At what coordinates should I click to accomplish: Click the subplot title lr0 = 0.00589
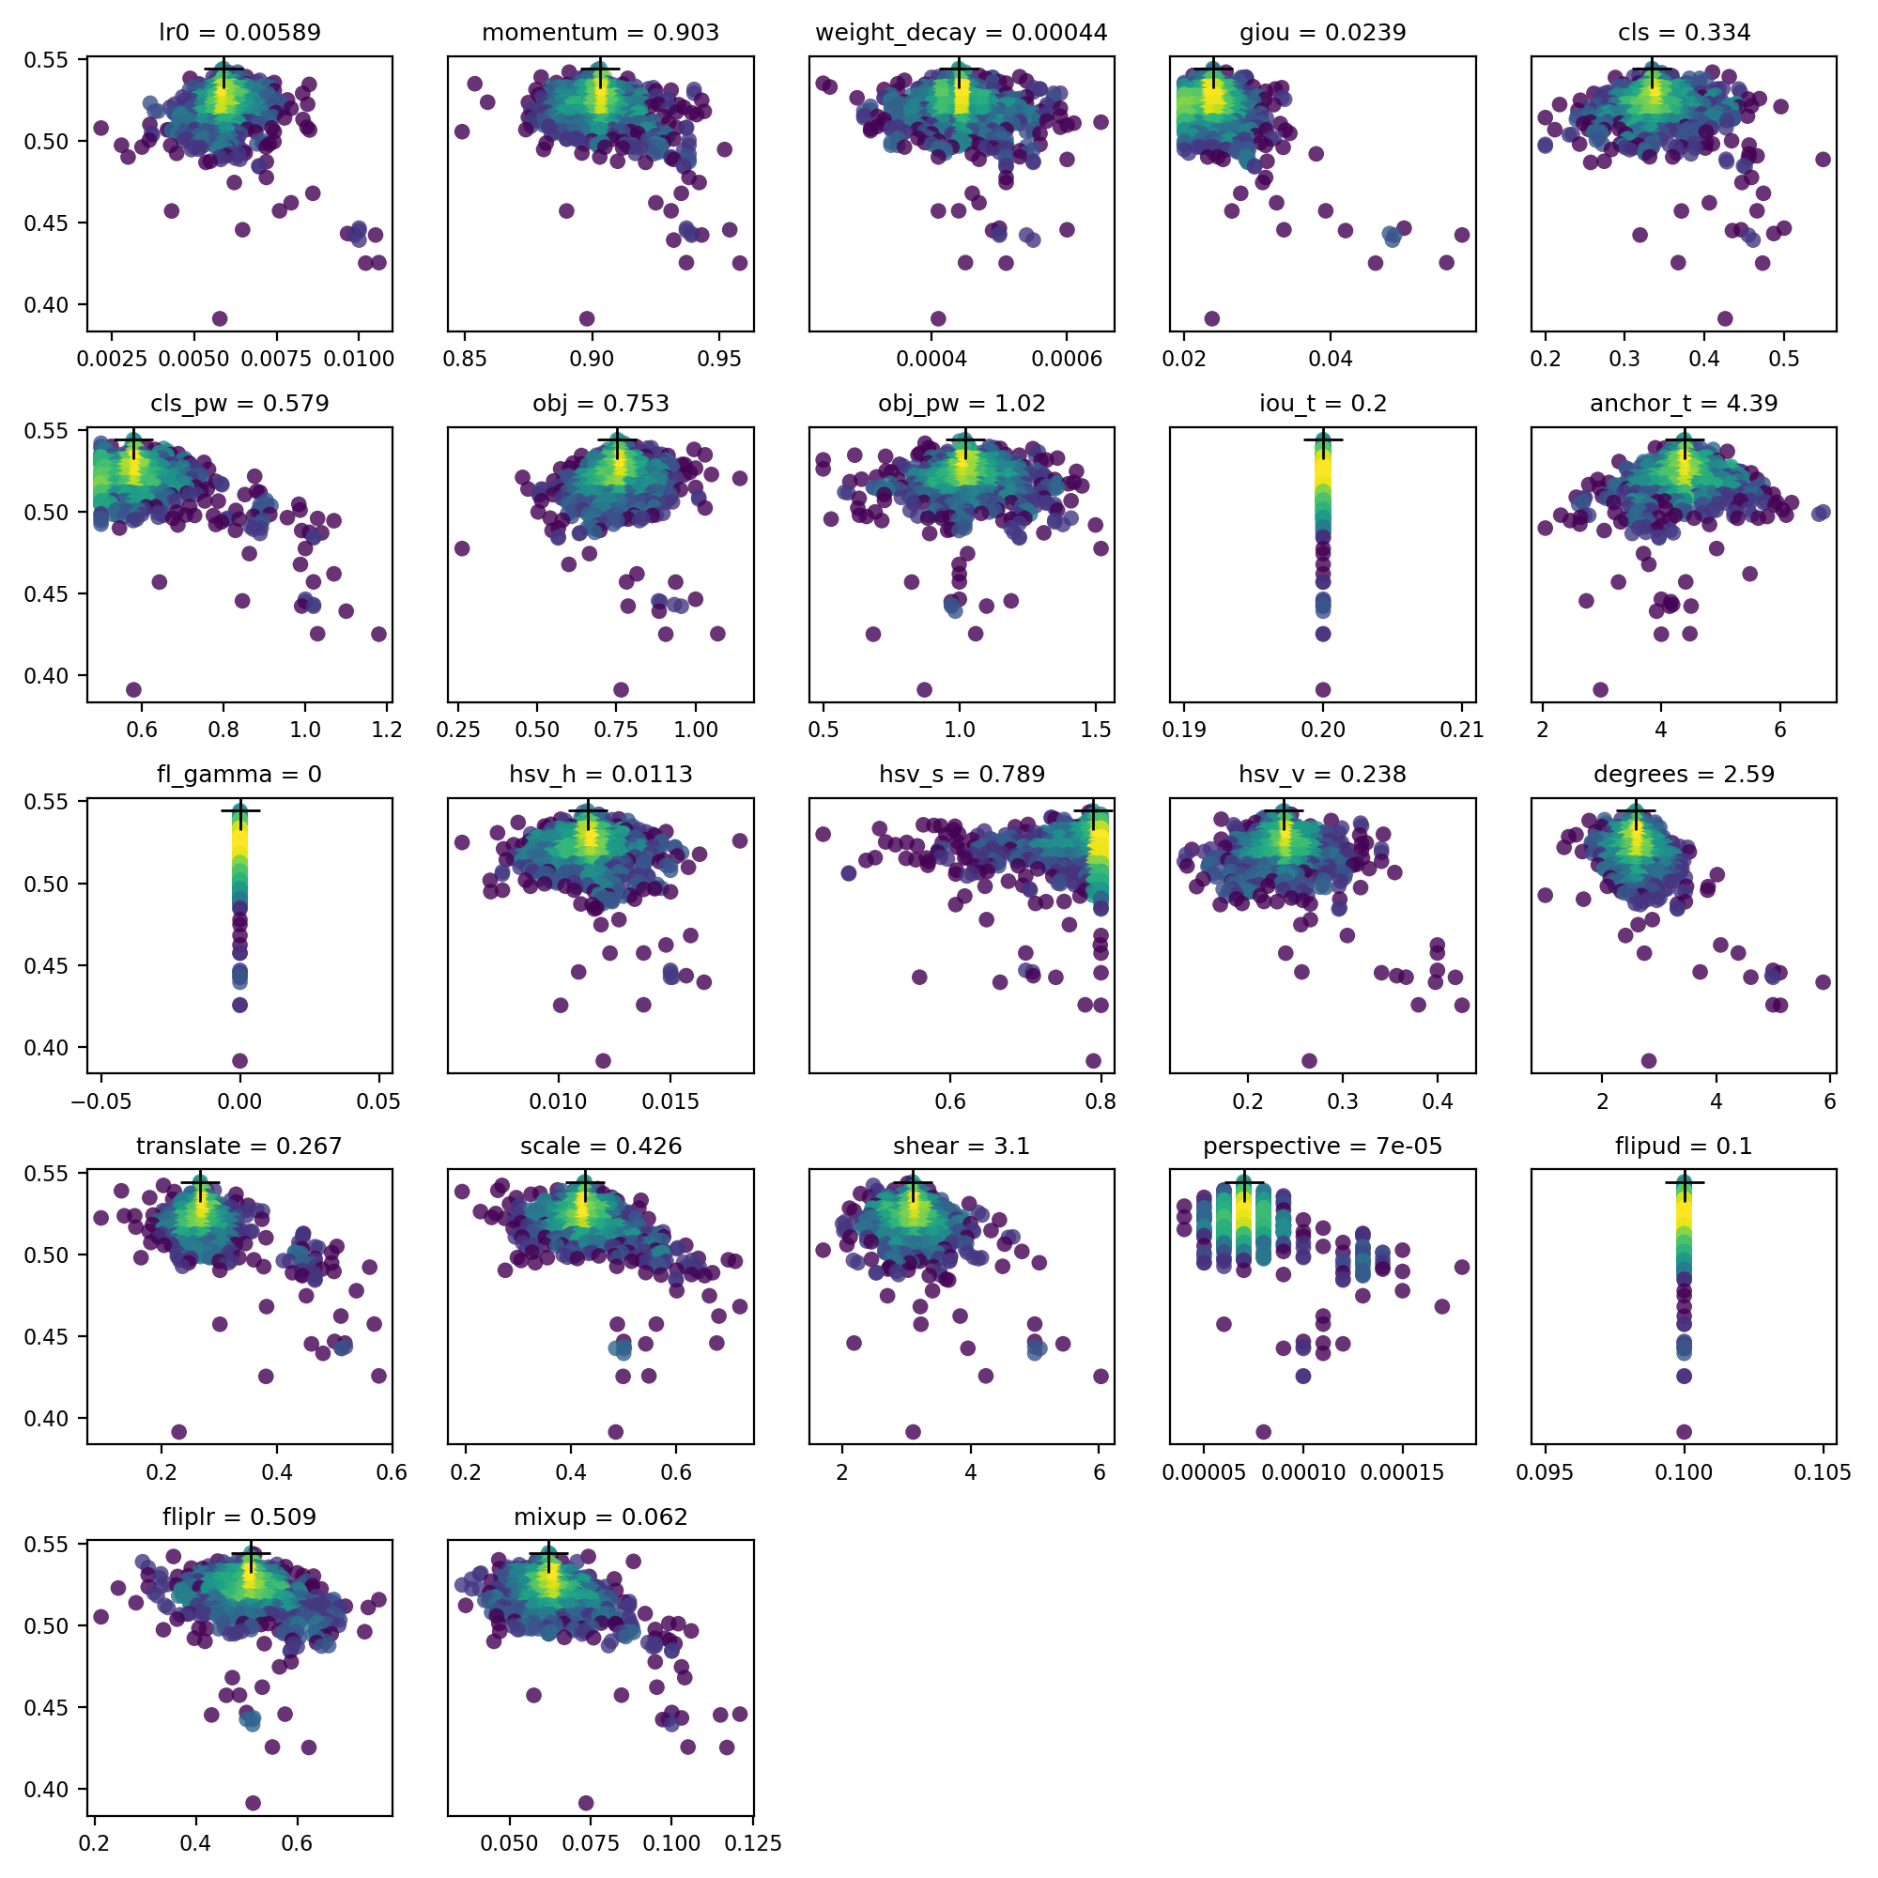coord(239,33)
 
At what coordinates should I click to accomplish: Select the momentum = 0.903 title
coord(600,33)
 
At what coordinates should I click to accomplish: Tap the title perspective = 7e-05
coord(1322,1146)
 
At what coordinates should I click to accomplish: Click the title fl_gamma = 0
coord(239,775)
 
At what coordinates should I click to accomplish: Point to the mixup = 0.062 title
coord(600,1517)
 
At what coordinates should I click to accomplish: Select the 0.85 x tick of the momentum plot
coord(465,360)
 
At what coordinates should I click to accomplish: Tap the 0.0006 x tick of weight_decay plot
coord(1067,360)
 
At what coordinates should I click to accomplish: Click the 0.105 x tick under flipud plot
coord(1822,1473)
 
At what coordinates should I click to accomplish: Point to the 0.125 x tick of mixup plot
coord(752,1844)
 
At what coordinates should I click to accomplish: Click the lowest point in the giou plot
coord(1211,319)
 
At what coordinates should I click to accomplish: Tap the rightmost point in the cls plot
coord(1823,160)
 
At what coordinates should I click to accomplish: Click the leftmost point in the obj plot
coord(462,548)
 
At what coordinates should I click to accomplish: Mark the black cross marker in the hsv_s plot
coord(1095,810)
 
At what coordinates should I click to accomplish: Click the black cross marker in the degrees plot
coord(1635,810)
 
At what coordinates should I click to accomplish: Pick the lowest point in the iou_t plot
coord(1322,690)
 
